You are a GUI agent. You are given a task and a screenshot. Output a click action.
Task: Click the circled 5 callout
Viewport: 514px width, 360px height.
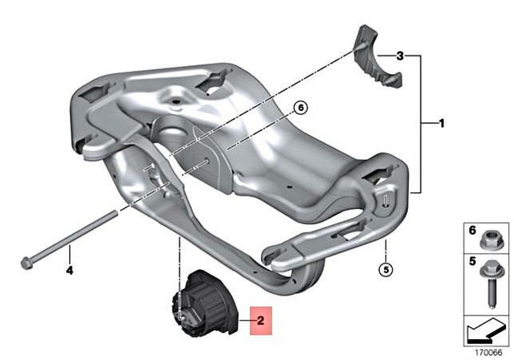pos(385,269)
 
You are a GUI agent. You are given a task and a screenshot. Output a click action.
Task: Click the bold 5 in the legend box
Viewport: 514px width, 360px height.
pos(472,263)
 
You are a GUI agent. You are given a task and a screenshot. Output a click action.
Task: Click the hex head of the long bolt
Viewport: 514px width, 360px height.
pos(27,262)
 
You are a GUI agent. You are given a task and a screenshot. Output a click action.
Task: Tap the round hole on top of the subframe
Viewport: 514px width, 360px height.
pos(173,103)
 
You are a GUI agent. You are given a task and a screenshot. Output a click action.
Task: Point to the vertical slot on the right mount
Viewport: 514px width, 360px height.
pos(386,202)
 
